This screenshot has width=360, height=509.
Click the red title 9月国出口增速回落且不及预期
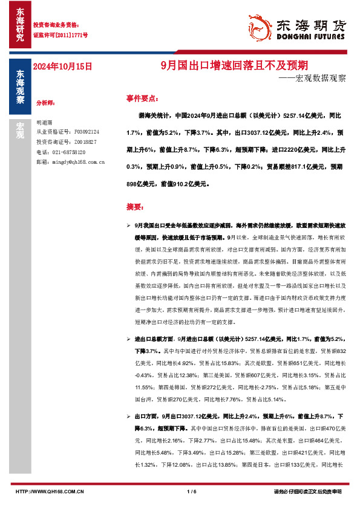(x=237, y=65)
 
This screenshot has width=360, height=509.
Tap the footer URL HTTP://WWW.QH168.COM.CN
(x=48, y=491)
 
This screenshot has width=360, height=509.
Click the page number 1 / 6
(x=192, y=491)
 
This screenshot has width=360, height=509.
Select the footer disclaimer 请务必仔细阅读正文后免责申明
(x=308, y=491)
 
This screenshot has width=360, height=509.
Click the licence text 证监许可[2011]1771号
(x=59, y=35)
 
